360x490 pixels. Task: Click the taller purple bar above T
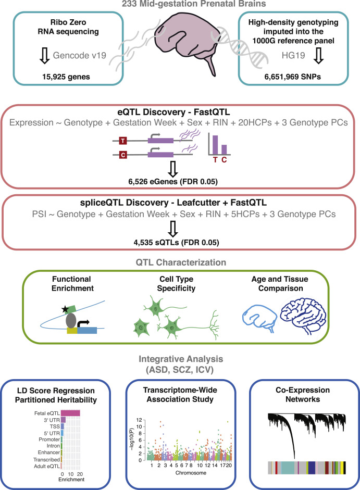click(214, 143)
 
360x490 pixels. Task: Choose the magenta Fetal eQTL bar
click(70, 413)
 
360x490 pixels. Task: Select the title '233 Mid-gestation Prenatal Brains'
click(180, 5)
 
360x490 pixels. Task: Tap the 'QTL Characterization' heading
click(180, 263)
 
